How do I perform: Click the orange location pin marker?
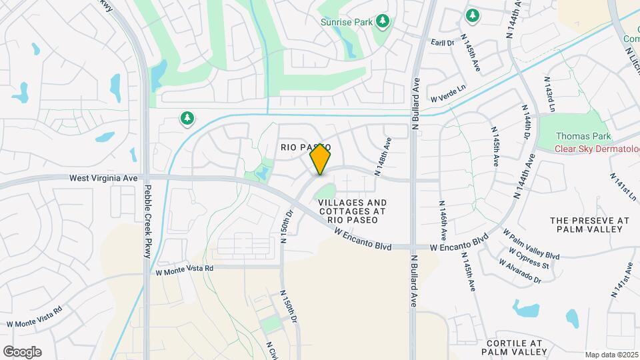click(x=320, y=159)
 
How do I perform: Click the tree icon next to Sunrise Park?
click(x=383, y=22)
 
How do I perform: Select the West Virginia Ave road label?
click(x=103, y=179)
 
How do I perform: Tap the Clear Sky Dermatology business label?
click(x=597, y=149)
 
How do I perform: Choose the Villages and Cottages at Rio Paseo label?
click(x=352, y=211)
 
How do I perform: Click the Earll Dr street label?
click(x=442, y=42)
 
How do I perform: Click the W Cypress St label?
click(x=529, y=259)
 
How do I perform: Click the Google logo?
click(x=22, y=352)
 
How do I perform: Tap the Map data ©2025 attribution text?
click(x=611, y=355)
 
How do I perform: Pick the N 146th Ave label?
click(x=443, y=221)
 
